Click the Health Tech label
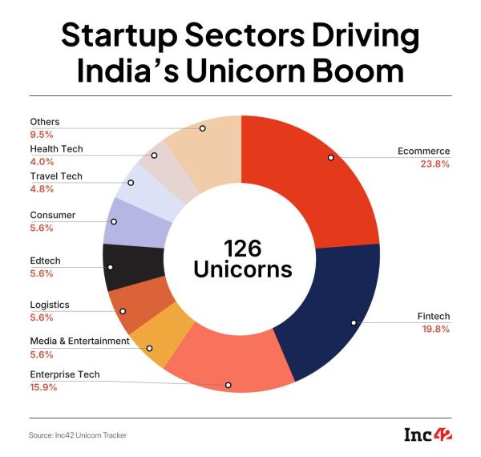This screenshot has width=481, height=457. point(56,149)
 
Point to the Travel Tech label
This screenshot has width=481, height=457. point(56,176)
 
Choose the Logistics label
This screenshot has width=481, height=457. point(50,305)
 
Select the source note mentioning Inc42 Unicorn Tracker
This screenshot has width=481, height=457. point(79,435)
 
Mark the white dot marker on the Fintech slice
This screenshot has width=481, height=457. point(353,323)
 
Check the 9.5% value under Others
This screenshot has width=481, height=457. point(41,135)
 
